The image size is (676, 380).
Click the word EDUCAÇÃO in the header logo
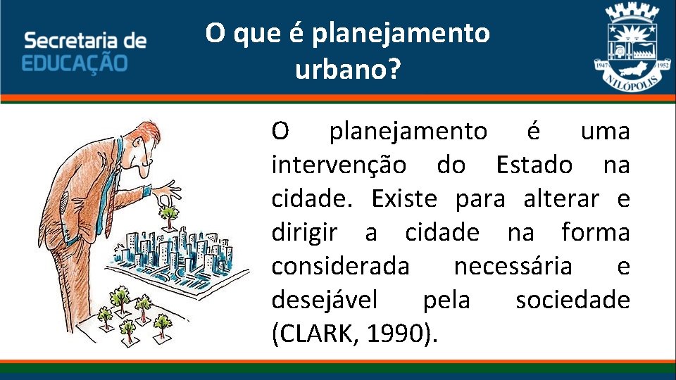tap(75, 62)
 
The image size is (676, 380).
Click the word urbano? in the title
tap(346, 69)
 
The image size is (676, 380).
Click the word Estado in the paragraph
tap(534, 165)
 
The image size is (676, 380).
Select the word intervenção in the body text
tap(339, 165)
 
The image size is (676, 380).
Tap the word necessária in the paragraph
tap(513, 267)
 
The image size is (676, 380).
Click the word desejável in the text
tap(325, 300)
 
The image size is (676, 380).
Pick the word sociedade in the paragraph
tap(572, 300)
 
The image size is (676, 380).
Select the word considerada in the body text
tap(339, 267)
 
